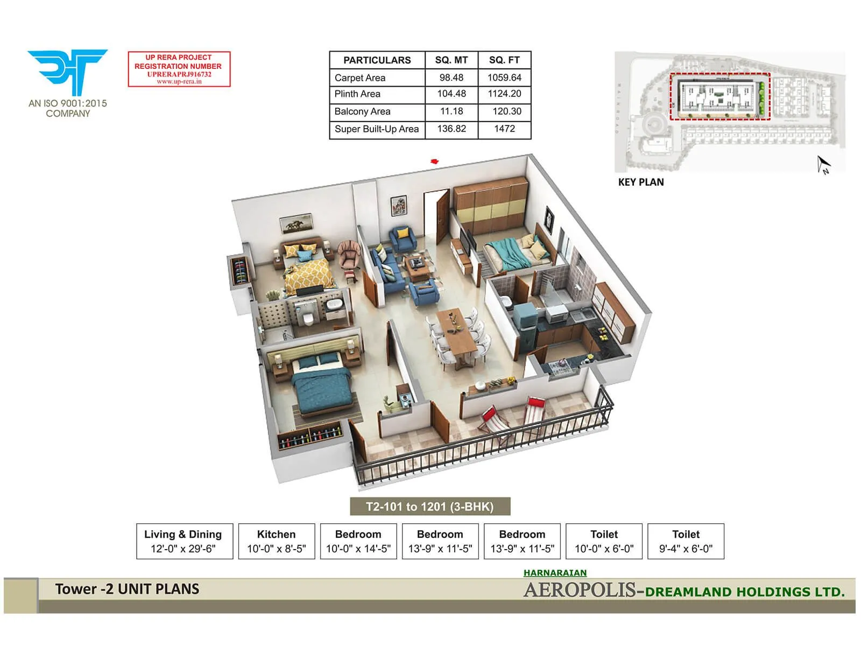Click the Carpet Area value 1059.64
coord(504,78)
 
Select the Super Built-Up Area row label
coord(377,129)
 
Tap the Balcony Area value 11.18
coord(451,111)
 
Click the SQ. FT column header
coord(504,60)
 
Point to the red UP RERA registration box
coord(179,69)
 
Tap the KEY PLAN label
coord(641,182)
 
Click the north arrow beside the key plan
coord(823,165)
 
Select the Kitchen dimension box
coord(277,542)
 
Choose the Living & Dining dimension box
coord(184,542)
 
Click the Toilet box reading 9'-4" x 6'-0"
coord(686,542)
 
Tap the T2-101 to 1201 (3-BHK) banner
coord(430,507)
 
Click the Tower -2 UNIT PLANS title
coord(127,589)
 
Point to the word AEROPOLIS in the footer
coord(580,591)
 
